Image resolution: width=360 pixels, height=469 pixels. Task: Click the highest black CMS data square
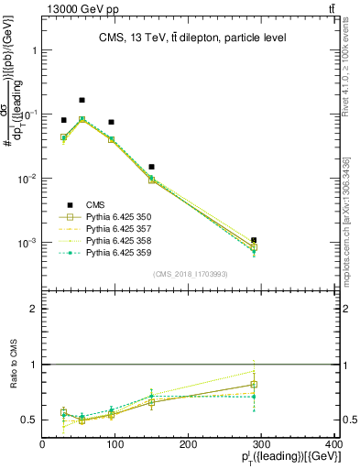pos(82,100)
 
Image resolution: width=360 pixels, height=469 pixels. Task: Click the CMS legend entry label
pos(96,205)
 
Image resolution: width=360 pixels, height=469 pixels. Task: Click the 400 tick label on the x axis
pos(333,445)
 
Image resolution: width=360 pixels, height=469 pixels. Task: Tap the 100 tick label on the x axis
pos(115,445)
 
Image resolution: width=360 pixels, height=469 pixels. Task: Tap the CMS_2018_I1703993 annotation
pos(191,274)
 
